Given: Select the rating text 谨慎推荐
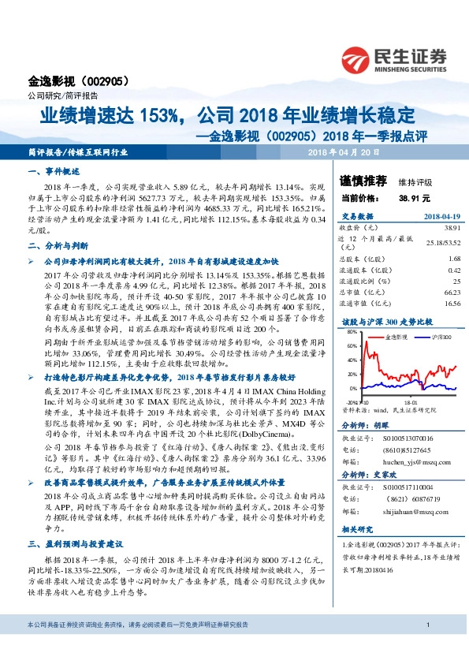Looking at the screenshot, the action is coord(359,181).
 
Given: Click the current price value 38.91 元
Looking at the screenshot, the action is coord(415,199).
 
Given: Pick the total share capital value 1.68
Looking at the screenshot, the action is coord(431,258).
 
